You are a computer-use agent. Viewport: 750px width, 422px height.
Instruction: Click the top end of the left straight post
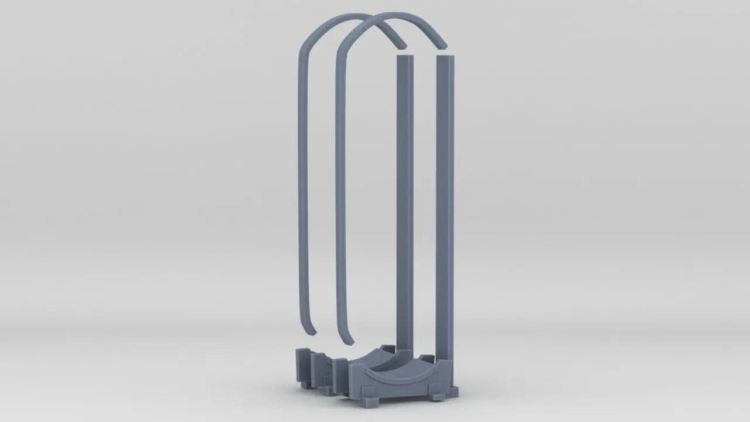[405, 57]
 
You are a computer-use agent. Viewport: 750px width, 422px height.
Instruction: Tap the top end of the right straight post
[445, 57]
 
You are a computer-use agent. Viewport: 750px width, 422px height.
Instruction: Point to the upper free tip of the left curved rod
[401, 44]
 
